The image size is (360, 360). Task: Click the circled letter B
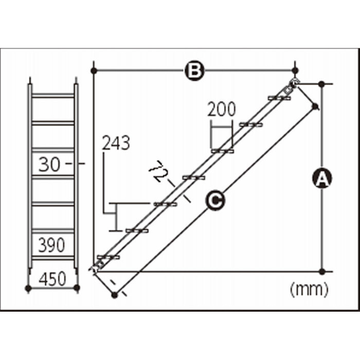(194, 71)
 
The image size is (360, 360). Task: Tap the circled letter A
(322, 178)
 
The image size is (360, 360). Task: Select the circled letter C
(215, 201)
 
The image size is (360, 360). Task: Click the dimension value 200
(221, 109)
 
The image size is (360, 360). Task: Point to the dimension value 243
(116, 143)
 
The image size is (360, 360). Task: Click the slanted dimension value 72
(158, 171)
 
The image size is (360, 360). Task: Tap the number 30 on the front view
(49, 165)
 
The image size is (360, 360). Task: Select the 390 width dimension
(51, 245)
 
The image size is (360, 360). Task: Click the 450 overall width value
(52, 279)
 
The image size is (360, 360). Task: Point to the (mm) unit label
(309, 290)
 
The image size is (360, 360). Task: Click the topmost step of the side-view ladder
(279, 98)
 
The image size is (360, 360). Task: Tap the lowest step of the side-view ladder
(109, 257)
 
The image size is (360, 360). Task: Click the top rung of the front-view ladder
(53, 96)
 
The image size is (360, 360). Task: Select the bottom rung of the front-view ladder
(53, 258)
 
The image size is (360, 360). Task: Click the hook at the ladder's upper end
(294, 82)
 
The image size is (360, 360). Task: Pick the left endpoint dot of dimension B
(94, 71)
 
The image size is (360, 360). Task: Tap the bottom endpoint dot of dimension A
(322, 272)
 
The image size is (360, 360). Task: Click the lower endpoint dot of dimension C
(114, 295)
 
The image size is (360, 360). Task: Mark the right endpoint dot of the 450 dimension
(77, 287)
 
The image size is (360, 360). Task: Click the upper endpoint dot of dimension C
(315, 106)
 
